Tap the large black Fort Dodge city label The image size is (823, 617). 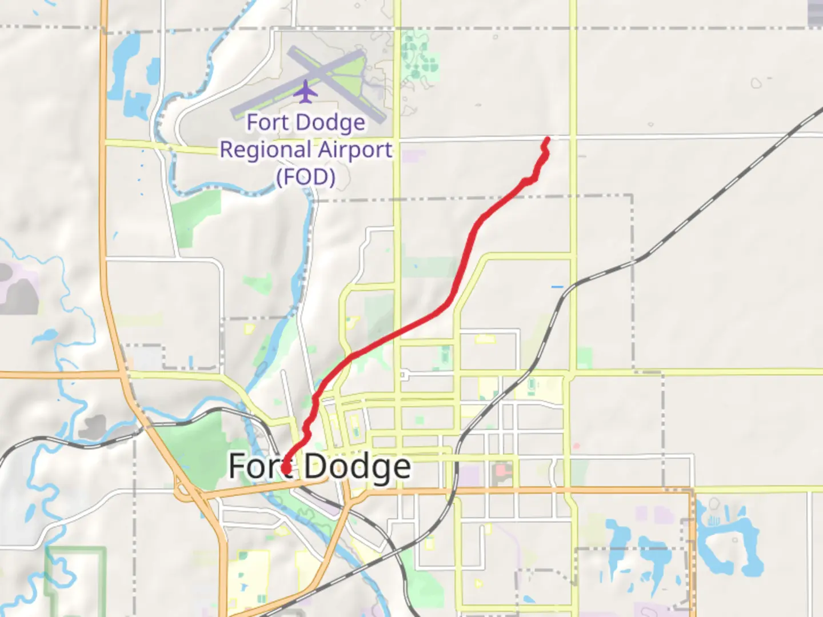(x=319, y=467)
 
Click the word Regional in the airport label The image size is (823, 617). (x=266, y=150)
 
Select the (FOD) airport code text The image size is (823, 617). (x=306, y=177)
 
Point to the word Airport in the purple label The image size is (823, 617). (x=355, y=150)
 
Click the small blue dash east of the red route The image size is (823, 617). (x=557, y=286)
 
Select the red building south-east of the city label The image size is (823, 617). (x=502, y=471)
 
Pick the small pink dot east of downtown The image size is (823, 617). (x=577, y=446)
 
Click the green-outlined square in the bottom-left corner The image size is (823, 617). (x=75, y=577)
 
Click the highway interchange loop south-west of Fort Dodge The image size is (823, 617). (x=184, y=490)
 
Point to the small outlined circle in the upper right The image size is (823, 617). (x=756, y=83)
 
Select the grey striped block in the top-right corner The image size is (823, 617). (x=816, y=13)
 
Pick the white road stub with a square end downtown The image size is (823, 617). (x=405, y=375)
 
